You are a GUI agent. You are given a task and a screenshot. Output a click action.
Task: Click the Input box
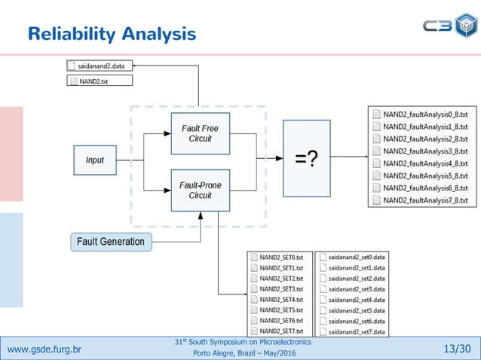95,160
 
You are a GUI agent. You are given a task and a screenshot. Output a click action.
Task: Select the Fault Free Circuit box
200,133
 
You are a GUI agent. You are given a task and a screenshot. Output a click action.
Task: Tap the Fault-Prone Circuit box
200,190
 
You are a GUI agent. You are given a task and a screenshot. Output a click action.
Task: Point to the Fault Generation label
111,242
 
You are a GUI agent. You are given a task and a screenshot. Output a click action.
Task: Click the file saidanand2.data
100,66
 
